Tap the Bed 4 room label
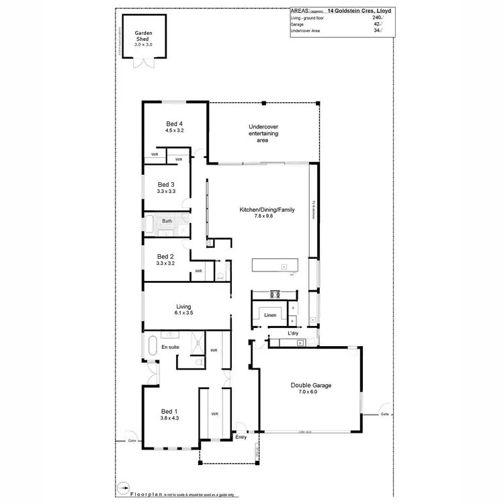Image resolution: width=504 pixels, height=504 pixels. pos(175,124)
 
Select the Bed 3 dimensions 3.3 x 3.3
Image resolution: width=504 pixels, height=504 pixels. pos(166,192)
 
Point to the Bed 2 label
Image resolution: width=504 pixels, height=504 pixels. pos(166,256)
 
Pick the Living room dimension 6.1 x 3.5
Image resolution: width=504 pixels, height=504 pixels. pos(184,312)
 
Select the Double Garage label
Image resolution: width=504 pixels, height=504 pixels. pos(311,385)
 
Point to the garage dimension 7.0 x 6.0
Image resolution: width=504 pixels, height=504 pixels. pos(312,391)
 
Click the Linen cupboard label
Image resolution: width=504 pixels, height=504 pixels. pos(271,314)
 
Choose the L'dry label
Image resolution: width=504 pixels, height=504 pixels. pos(293,333)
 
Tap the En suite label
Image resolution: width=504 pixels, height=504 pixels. pos(169,347)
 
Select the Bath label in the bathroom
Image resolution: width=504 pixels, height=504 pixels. pos(168,220)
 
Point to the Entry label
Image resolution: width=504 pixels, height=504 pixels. pos(241,437)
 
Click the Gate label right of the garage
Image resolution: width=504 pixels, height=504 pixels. pos(384,415)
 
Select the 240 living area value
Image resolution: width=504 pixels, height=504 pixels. pos(376,17)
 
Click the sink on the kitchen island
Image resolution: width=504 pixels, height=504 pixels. pos(284,267)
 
